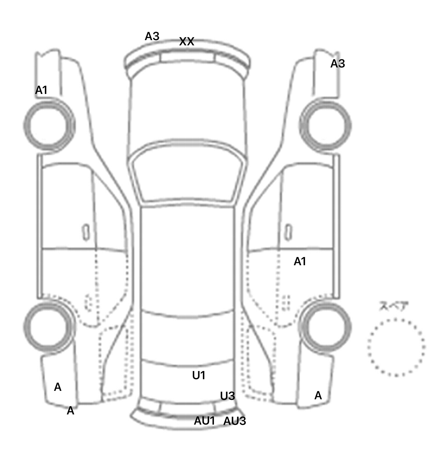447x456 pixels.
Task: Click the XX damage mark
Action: (x=187, y=42)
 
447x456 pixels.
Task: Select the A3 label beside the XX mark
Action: (x=152, y=36)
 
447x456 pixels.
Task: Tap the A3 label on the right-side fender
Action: (x=338, y=64)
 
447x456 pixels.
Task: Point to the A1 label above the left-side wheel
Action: (x=41, y=90)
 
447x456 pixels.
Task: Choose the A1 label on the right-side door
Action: (x=300, y=262)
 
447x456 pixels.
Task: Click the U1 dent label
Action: (x=199, y=376)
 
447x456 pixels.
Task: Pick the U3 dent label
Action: (x=227, y=396)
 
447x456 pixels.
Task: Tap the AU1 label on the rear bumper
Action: (x=204, y=421)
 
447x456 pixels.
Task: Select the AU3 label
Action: (x=235, y=421)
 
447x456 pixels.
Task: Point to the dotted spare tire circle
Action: (x=396, y=347)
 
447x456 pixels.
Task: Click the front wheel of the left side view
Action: (x=49, y=125)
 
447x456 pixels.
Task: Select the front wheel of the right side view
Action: (x=325, y=126)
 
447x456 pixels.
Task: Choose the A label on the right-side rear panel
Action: (x=318, y=396)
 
